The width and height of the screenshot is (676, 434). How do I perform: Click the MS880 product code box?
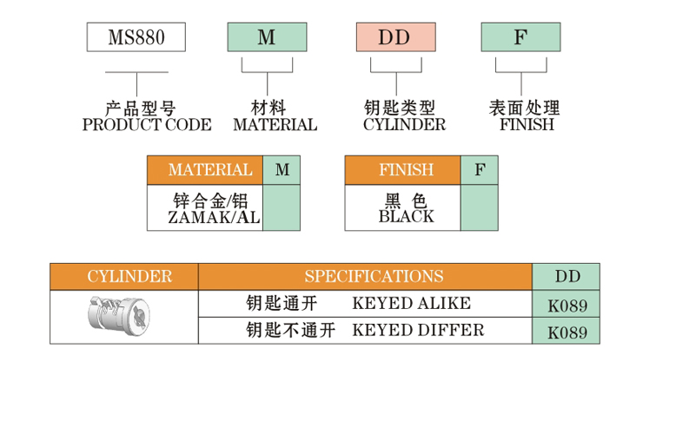pos(136,37)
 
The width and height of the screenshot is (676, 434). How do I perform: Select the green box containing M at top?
pos(267,37)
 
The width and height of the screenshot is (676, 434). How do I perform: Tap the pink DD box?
pos(395,37)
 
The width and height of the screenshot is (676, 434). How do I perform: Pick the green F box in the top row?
pos(520,37)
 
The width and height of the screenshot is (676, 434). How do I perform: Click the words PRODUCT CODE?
pos(146,125)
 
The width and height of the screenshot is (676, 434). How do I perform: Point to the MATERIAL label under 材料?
pos(275,125)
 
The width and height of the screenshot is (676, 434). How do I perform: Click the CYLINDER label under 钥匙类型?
pos(404,125)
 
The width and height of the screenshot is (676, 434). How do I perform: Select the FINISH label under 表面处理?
pos(527,125)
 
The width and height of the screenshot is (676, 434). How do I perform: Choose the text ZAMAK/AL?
pos(214,218)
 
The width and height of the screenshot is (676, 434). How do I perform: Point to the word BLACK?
pos(406,217)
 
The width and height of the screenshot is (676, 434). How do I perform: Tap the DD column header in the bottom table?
pos(567,277)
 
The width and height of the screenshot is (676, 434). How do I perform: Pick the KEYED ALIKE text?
pos(411,303)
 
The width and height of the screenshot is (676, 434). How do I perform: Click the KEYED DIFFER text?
pos(418,330)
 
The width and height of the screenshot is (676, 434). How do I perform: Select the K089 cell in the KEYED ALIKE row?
pos(567,306)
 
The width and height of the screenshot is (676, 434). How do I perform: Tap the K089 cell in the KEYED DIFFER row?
pos(567,332)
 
